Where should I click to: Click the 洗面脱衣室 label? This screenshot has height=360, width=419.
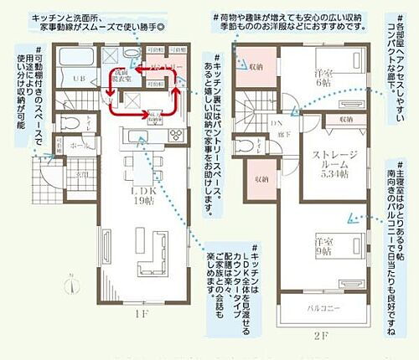(x=122, y=75)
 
